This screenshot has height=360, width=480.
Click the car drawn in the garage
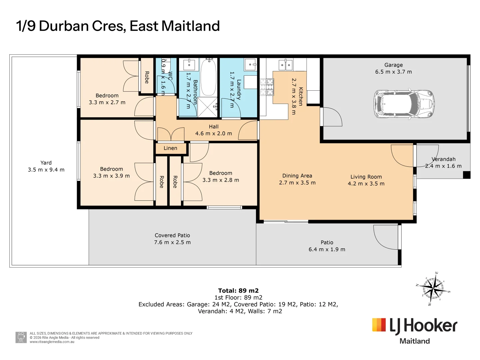[404, 104]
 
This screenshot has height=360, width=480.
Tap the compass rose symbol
[433, 289]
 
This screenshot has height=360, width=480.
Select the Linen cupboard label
[170, 148]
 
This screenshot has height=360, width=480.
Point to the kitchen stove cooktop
[267, 87]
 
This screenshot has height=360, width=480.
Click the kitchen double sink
[285, 65]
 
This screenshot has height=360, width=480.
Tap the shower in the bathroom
[207, 107]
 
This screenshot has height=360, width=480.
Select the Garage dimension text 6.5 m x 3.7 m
[393, 72]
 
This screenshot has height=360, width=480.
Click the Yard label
[46, 163]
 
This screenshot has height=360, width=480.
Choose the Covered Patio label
[172, 235]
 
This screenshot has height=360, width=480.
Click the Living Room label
[366, 177]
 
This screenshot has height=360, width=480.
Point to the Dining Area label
[297, 176]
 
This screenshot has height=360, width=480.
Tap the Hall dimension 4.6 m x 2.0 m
[213, 133]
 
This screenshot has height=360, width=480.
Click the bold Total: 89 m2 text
[238, 290]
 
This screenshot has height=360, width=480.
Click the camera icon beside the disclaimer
[21, 337]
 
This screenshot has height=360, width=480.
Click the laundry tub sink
[250, 65]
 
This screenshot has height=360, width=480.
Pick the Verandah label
[443, 159]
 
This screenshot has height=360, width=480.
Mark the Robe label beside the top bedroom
[147, 77]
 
